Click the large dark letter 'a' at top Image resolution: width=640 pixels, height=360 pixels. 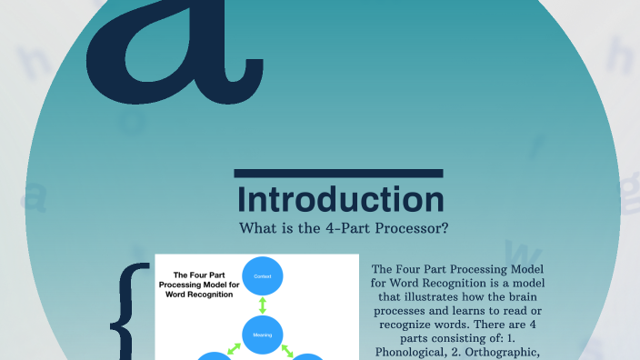click(x=173, y=56)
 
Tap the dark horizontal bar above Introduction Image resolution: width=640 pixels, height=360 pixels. click(x=338, y=173)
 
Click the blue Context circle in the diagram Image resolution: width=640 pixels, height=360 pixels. click(x=263, y=276)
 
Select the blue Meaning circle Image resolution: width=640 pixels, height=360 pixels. click(x=263, y=334)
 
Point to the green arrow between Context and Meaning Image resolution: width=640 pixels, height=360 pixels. click(x=263, y=305)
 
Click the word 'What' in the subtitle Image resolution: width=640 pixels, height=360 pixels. click(x=256, y=227)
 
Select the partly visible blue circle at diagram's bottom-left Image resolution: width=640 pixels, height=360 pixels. click(x=211, y=356)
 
